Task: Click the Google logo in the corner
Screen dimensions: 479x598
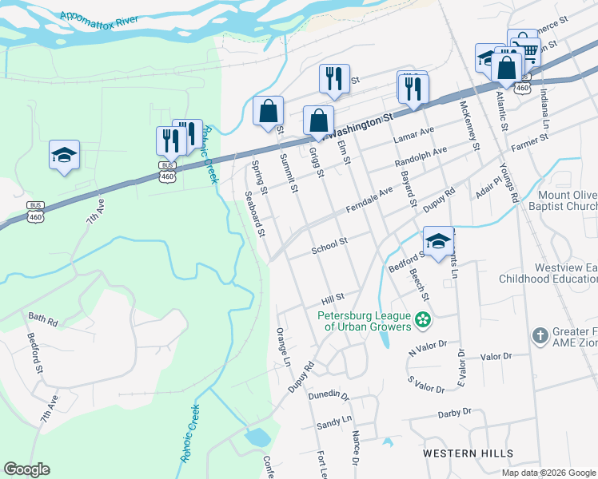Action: pyautogui.click(x=26, y=469)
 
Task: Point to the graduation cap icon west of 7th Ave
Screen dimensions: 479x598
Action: pyautogui.click(x=65, y=153)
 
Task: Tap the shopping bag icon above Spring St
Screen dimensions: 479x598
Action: pyautogui.click(x=269, y=110)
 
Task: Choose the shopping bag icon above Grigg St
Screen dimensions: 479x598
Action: pyautogui.click(x=318, y=120)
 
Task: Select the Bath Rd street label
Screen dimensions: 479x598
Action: pyautogui.click(x=42, y=322)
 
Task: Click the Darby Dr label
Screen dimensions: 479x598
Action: pyautogui.click(x=456, y=414)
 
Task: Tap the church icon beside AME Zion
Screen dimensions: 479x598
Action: pyautogui.click(x=540, y=335)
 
